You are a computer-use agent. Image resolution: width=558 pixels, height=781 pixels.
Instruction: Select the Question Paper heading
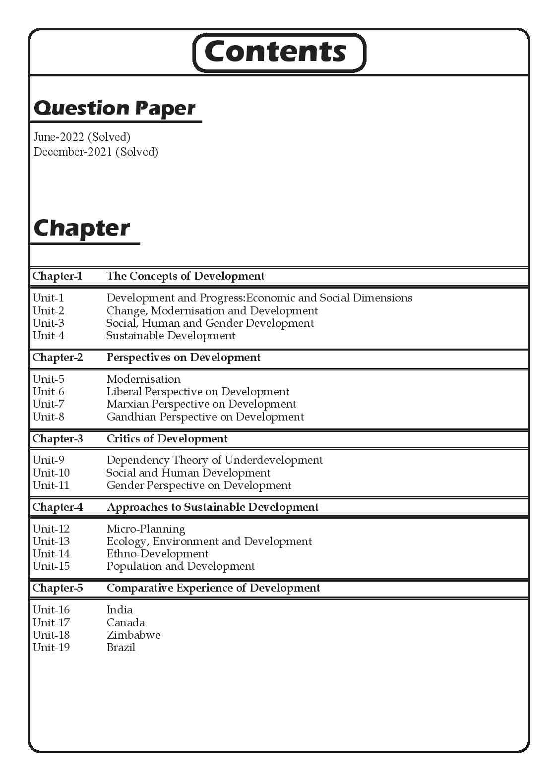tap(114, 108)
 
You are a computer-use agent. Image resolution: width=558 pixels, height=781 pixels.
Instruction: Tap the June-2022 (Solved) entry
tap(82, 137)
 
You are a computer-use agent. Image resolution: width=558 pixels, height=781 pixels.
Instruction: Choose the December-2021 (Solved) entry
tap(96, 152)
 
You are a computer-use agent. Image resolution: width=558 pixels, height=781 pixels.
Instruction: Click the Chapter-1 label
tap(57, 276)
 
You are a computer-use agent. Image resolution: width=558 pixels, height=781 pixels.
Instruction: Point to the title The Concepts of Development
tap(186, 276)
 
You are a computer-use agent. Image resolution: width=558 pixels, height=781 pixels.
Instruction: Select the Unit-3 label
tap(48, 323)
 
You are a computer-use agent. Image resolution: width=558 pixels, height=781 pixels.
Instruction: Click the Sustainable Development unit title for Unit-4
tap(171, 336)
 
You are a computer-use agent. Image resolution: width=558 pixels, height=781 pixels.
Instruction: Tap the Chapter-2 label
tap(58, 358)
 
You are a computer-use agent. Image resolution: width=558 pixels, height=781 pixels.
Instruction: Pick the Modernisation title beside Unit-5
tap(143, 379)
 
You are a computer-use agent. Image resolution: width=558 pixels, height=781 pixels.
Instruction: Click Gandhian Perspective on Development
tap(205, 417)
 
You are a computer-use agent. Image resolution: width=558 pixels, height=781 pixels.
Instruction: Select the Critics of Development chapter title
tap(167, 439)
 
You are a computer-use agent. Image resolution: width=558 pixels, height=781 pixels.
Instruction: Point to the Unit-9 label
tap(48, 460)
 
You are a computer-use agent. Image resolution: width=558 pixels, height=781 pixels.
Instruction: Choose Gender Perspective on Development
tap(199, 485)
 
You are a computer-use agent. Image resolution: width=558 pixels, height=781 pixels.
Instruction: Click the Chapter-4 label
tap(58, 507)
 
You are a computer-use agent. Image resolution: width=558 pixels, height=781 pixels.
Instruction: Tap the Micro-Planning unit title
tap(146, 529)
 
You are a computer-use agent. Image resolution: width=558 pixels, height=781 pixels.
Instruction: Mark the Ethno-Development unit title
tap(157, 554)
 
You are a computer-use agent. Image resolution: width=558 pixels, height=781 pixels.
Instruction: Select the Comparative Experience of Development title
tap(213, 588)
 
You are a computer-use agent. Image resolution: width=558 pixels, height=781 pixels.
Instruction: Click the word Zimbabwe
tap(133, 635)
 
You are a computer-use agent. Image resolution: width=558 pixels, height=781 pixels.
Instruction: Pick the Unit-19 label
tap(51, 648)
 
